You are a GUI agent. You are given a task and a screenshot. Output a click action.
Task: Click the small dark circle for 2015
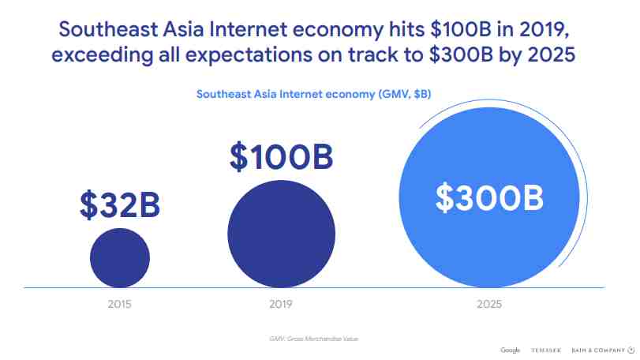coord(120,258)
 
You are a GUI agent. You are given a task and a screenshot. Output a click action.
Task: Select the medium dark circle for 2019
coord(281,234)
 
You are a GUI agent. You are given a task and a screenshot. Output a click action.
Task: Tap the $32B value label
coord(120,205)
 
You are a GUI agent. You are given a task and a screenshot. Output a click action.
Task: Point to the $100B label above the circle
coord(281,156)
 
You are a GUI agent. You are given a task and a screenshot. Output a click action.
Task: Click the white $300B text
coord(489,198)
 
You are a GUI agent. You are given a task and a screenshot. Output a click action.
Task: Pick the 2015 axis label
coord(120,304)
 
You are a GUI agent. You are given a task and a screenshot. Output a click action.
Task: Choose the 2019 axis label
coord(281,304)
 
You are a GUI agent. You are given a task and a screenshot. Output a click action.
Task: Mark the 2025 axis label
coord(489,304)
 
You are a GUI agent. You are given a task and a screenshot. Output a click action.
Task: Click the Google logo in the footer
coord(511,351)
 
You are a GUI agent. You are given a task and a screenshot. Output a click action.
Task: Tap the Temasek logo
coord(546,351)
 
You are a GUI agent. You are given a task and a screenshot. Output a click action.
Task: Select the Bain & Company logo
coord(603,351)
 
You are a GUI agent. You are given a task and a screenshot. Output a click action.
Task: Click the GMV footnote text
coord(313,339)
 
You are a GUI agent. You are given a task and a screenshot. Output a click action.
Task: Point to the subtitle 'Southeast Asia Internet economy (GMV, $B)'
coord(313,94)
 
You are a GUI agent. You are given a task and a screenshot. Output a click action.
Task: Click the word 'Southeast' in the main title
coord(108,29)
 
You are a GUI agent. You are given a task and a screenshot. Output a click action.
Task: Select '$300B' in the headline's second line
coord(461,54)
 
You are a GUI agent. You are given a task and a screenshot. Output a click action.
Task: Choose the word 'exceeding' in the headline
coord(103,55)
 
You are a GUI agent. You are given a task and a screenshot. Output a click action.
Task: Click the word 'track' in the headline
coord(373,54)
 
